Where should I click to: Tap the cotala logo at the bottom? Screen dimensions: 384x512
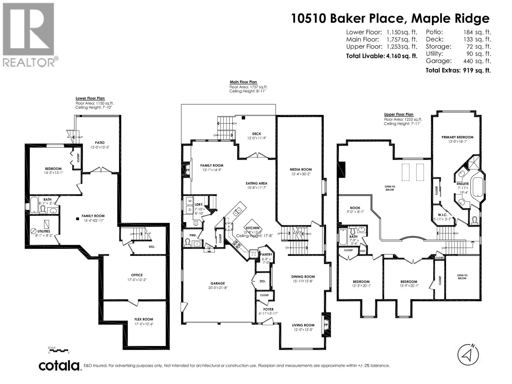[x=59, y=365]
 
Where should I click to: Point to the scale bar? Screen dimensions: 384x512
[x=59, y=350]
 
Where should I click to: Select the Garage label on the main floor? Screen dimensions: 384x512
[x=218, y=283]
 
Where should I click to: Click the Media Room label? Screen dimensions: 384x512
[x=300, y=169]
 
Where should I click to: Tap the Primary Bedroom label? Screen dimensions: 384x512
[x=457, y=137]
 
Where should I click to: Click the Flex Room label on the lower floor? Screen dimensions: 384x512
[x=144, y=319]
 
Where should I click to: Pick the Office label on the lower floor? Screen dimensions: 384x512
[x=137, y=275]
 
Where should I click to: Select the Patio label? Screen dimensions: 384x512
[x=100, y=143]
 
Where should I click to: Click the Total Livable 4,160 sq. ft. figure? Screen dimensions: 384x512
[x=382, y=56]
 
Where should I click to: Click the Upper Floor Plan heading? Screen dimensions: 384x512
[x=399, y=114]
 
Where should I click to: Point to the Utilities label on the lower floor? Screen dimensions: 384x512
[x=44, y=231]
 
